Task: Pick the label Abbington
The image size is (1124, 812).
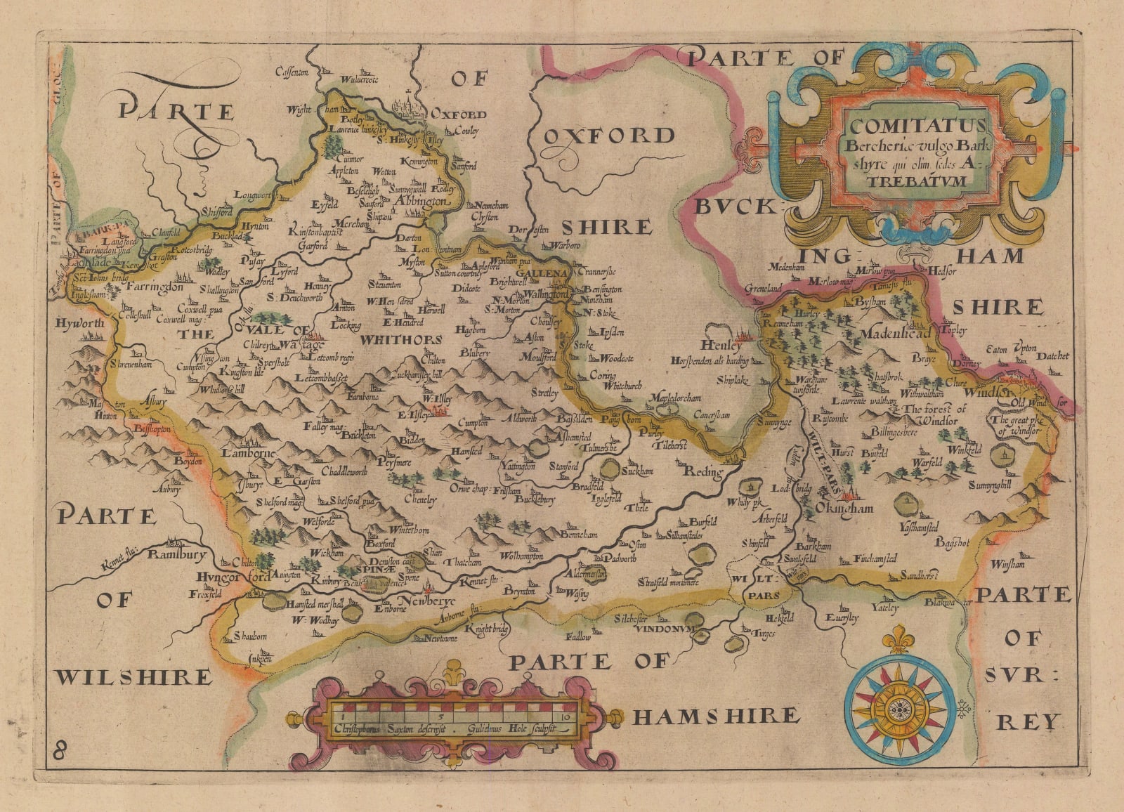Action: (x=421, y=202)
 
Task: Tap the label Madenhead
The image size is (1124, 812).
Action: (x=894, y=333)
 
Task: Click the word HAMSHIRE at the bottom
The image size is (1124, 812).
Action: (x=716, y=716)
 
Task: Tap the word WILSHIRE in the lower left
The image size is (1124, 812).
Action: (x=133, y=677)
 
